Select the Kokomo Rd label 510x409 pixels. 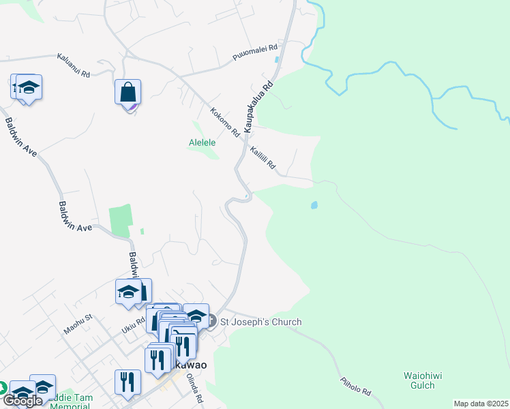tap(225, 121)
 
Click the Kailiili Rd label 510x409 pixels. tap(262, 158)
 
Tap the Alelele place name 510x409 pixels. tap(202, 142)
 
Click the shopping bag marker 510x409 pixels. tap(128, 92)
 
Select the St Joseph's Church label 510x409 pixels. tap(260, 322)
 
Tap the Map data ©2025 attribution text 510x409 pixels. tap(480, 404)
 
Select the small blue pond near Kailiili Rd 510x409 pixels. tap(314, 204)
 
